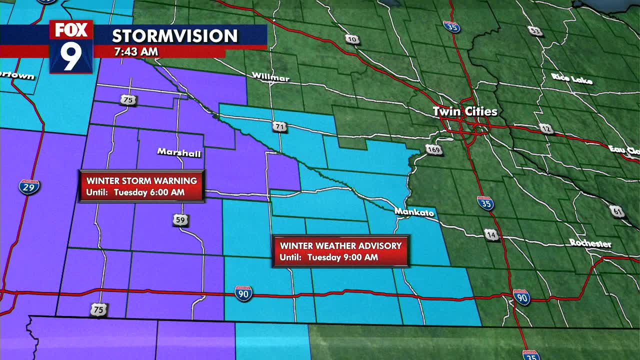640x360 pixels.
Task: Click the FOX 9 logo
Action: (71, 46)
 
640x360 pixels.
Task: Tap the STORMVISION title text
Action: (174, 36)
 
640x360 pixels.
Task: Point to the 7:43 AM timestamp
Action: (136, 51)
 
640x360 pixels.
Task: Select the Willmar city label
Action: (270, 77)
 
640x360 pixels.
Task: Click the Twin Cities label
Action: (465, 111)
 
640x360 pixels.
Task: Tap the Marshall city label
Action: (179, 152)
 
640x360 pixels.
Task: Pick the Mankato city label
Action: (414, 212)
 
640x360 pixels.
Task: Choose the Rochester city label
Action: (590, 243)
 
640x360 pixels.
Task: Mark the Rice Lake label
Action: (572, 78)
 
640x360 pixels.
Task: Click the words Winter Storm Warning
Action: (142, 180)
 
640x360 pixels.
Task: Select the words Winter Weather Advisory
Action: (340, 245)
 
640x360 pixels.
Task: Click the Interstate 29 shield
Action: (29, 186)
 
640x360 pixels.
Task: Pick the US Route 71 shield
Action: (279, 127)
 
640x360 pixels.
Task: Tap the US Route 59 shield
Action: (180, 219)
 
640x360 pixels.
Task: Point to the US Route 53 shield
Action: (535, 31)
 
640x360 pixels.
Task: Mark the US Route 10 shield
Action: (352, 39)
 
